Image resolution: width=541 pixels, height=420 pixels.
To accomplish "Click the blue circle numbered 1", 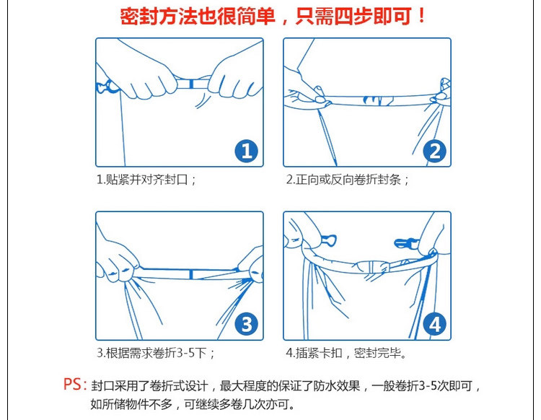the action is [247, 151].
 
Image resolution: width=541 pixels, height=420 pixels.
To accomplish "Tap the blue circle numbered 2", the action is [435, 151].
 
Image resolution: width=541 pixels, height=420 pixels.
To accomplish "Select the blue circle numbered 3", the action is [247, 325].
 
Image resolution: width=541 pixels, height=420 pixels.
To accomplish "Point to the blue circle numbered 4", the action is [435, 325].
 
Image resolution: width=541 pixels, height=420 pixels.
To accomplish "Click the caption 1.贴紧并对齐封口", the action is [146, 180].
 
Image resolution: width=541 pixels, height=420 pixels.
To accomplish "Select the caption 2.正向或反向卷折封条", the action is [347, 180].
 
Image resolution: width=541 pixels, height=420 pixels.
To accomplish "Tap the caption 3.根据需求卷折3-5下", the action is [155, 353].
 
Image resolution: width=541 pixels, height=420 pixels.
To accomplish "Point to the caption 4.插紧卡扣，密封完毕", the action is [346, 353].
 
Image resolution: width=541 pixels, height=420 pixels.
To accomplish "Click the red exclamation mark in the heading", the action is [422, 16].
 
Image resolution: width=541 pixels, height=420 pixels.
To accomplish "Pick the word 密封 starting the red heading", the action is [138, 17].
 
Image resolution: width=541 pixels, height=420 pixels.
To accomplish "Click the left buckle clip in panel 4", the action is [329, 240].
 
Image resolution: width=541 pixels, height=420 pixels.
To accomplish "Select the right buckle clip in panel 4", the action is [405, 243].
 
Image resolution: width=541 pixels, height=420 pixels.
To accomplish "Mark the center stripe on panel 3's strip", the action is [191, 275].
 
